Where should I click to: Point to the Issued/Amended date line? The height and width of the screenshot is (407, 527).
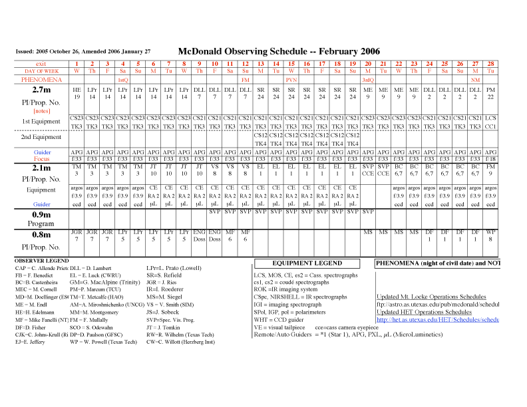click(83, 51)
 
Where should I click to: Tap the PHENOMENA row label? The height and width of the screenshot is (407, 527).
click(41, 80)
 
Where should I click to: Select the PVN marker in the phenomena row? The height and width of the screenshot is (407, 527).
click(291, 80)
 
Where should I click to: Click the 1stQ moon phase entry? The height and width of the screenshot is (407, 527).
click(122, 80)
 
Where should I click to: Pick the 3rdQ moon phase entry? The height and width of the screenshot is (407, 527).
click(367, 80)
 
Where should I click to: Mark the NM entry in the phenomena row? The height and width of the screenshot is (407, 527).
click(475, 80)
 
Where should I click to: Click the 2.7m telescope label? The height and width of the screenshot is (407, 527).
click(41, 90)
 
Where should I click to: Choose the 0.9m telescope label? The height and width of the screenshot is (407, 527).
click(41, 215)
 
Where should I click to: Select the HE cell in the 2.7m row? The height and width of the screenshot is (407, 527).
click(77, 89)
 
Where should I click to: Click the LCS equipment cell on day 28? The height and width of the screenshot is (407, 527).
click(490, 118)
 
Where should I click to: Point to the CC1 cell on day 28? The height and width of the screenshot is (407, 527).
click(490, 126)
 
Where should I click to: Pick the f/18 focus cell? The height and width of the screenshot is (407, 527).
click(490, 160)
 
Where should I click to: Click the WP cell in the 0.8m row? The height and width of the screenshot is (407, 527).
click(490, 232)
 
